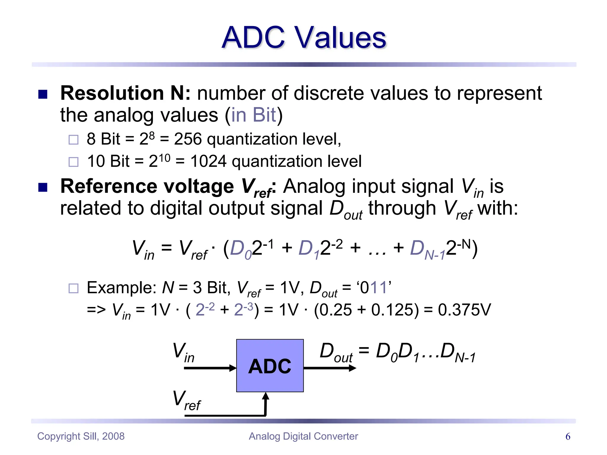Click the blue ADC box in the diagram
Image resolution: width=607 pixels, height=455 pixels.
(270, 366)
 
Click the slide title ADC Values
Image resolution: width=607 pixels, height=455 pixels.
(304, 38)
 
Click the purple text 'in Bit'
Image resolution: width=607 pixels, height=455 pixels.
(253, 115)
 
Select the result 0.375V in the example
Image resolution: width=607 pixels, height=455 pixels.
(464, 310)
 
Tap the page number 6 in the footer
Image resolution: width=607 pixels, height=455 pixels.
(568, 436)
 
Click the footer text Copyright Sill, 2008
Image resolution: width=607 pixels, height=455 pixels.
(81, 436)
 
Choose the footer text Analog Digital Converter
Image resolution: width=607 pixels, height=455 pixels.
(303, 436)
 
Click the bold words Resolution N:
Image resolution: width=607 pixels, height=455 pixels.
(125, 93)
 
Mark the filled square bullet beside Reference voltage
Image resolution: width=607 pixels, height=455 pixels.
(43, 188)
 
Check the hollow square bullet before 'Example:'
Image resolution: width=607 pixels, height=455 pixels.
(74, 288)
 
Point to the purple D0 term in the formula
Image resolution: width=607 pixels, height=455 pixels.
(240, 249)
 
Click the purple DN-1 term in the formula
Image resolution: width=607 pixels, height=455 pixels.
(427, 249)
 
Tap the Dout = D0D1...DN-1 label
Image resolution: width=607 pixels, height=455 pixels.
(397, 353)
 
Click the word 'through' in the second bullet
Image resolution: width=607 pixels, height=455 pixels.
(402, 208)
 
